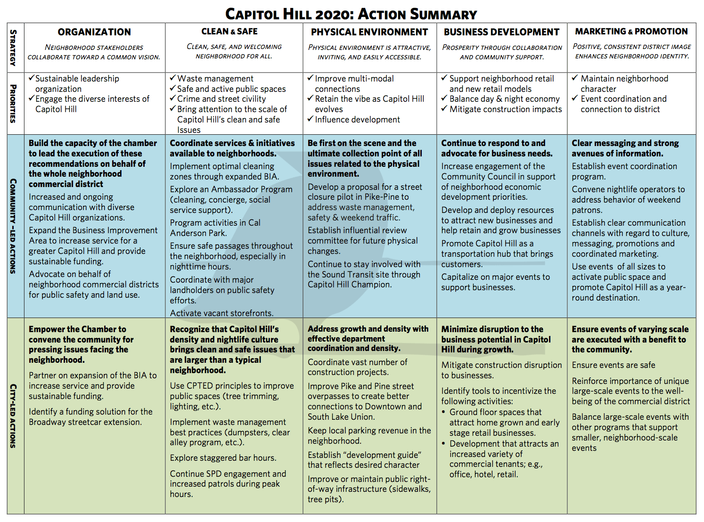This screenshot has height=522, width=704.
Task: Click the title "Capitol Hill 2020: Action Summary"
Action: click(x=351, y=14)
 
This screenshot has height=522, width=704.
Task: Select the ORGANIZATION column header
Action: click(x=94, y=32)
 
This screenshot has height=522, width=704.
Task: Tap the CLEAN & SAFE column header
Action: click(x=229, y=32)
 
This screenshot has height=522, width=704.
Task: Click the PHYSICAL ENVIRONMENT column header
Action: click(x=369, y=32)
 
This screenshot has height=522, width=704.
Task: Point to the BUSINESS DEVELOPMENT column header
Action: click(x=501, y=32)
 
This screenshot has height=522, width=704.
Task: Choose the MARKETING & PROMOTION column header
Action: click(x=631, y=32)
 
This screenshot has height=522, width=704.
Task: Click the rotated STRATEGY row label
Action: click(x=13, y=48)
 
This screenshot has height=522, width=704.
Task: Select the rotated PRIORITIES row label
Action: click(x=13, y=104)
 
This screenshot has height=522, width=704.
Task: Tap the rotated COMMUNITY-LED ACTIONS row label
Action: click(x=13, y=226)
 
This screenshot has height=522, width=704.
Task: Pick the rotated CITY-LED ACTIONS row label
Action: click(x=13, y=416)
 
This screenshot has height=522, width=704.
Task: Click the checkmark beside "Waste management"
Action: click(x=173, y=78)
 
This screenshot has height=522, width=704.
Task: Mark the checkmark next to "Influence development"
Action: click(x=311, y=119)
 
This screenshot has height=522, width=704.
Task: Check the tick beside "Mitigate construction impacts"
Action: click(x=444, y=109)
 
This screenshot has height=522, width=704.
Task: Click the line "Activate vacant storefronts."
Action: click(x=221, y=313)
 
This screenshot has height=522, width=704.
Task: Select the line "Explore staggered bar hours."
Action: click(x=223, y=458)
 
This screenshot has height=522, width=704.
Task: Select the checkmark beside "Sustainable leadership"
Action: click(x=32, y=78)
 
